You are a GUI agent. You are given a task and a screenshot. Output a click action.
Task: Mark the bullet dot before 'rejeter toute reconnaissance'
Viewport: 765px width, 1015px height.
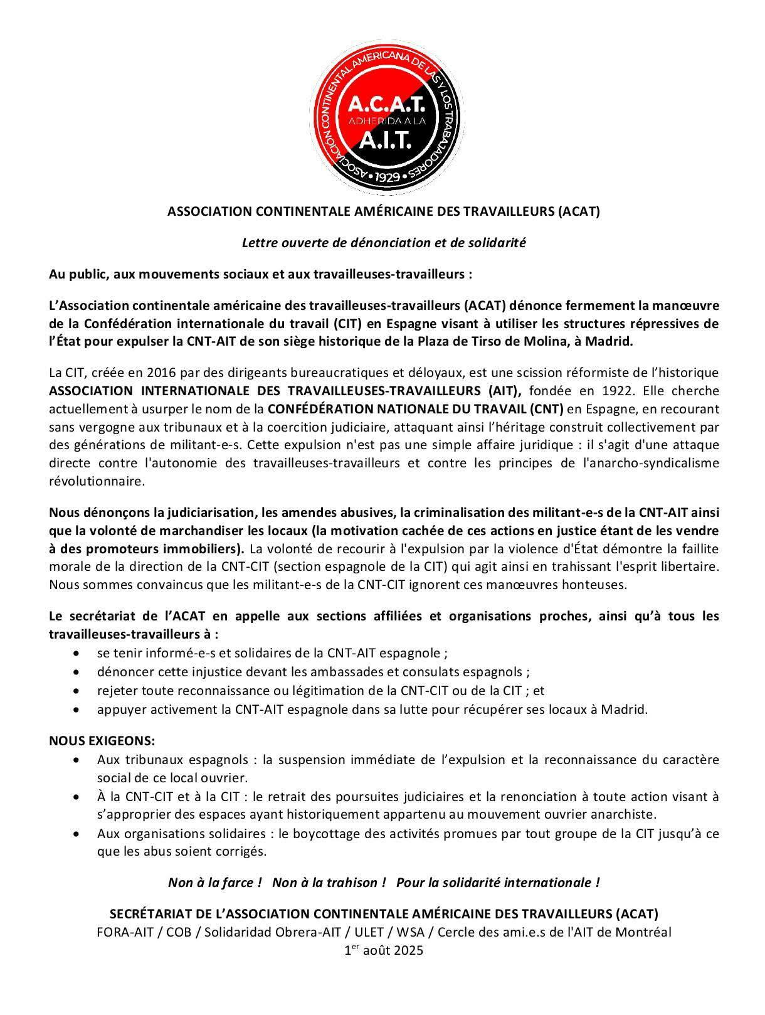pos(76,691)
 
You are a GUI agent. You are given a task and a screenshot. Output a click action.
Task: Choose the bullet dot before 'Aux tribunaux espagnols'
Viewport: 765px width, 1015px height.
pos(76,760)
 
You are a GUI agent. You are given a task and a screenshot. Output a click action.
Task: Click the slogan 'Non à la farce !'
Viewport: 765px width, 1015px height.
pos(214,883)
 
